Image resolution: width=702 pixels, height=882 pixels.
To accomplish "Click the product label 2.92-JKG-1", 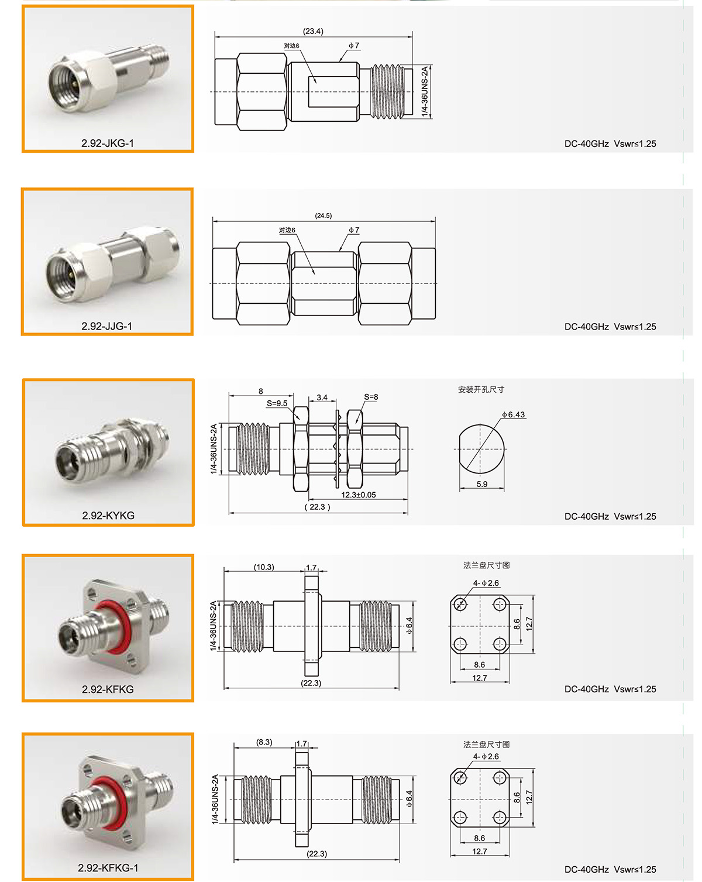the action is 108,143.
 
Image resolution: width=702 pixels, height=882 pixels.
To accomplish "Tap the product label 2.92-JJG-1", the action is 106,326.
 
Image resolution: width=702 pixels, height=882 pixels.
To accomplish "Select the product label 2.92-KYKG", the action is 108,515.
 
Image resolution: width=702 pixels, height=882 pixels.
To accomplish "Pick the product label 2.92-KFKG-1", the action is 108,867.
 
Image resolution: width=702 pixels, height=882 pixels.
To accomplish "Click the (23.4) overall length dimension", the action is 313,31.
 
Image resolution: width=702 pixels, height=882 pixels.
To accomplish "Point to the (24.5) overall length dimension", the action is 324,215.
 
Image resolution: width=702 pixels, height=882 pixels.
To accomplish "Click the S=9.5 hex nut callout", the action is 277,403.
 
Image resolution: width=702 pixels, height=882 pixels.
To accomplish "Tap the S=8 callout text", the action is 371,397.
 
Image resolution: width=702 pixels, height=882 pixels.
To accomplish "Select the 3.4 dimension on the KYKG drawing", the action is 322,397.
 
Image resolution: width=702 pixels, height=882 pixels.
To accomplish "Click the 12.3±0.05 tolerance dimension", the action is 359,495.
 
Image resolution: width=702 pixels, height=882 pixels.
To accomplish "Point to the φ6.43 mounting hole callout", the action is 513,415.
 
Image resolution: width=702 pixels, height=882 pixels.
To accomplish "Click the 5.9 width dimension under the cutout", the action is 482,484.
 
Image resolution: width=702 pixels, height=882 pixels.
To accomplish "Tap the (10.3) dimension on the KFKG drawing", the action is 264,567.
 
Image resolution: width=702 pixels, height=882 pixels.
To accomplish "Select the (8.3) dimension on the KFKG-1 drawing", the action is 264,742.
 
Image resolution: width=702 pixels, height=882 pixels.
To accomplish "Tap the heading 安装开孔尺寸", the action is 481,389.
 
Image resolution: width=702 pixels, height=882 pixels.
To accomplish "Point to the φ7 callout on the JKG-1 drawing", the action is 354,46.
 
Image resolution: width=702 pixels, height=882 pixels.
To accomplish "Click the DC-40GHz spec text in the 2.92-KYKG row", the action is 586,516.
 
